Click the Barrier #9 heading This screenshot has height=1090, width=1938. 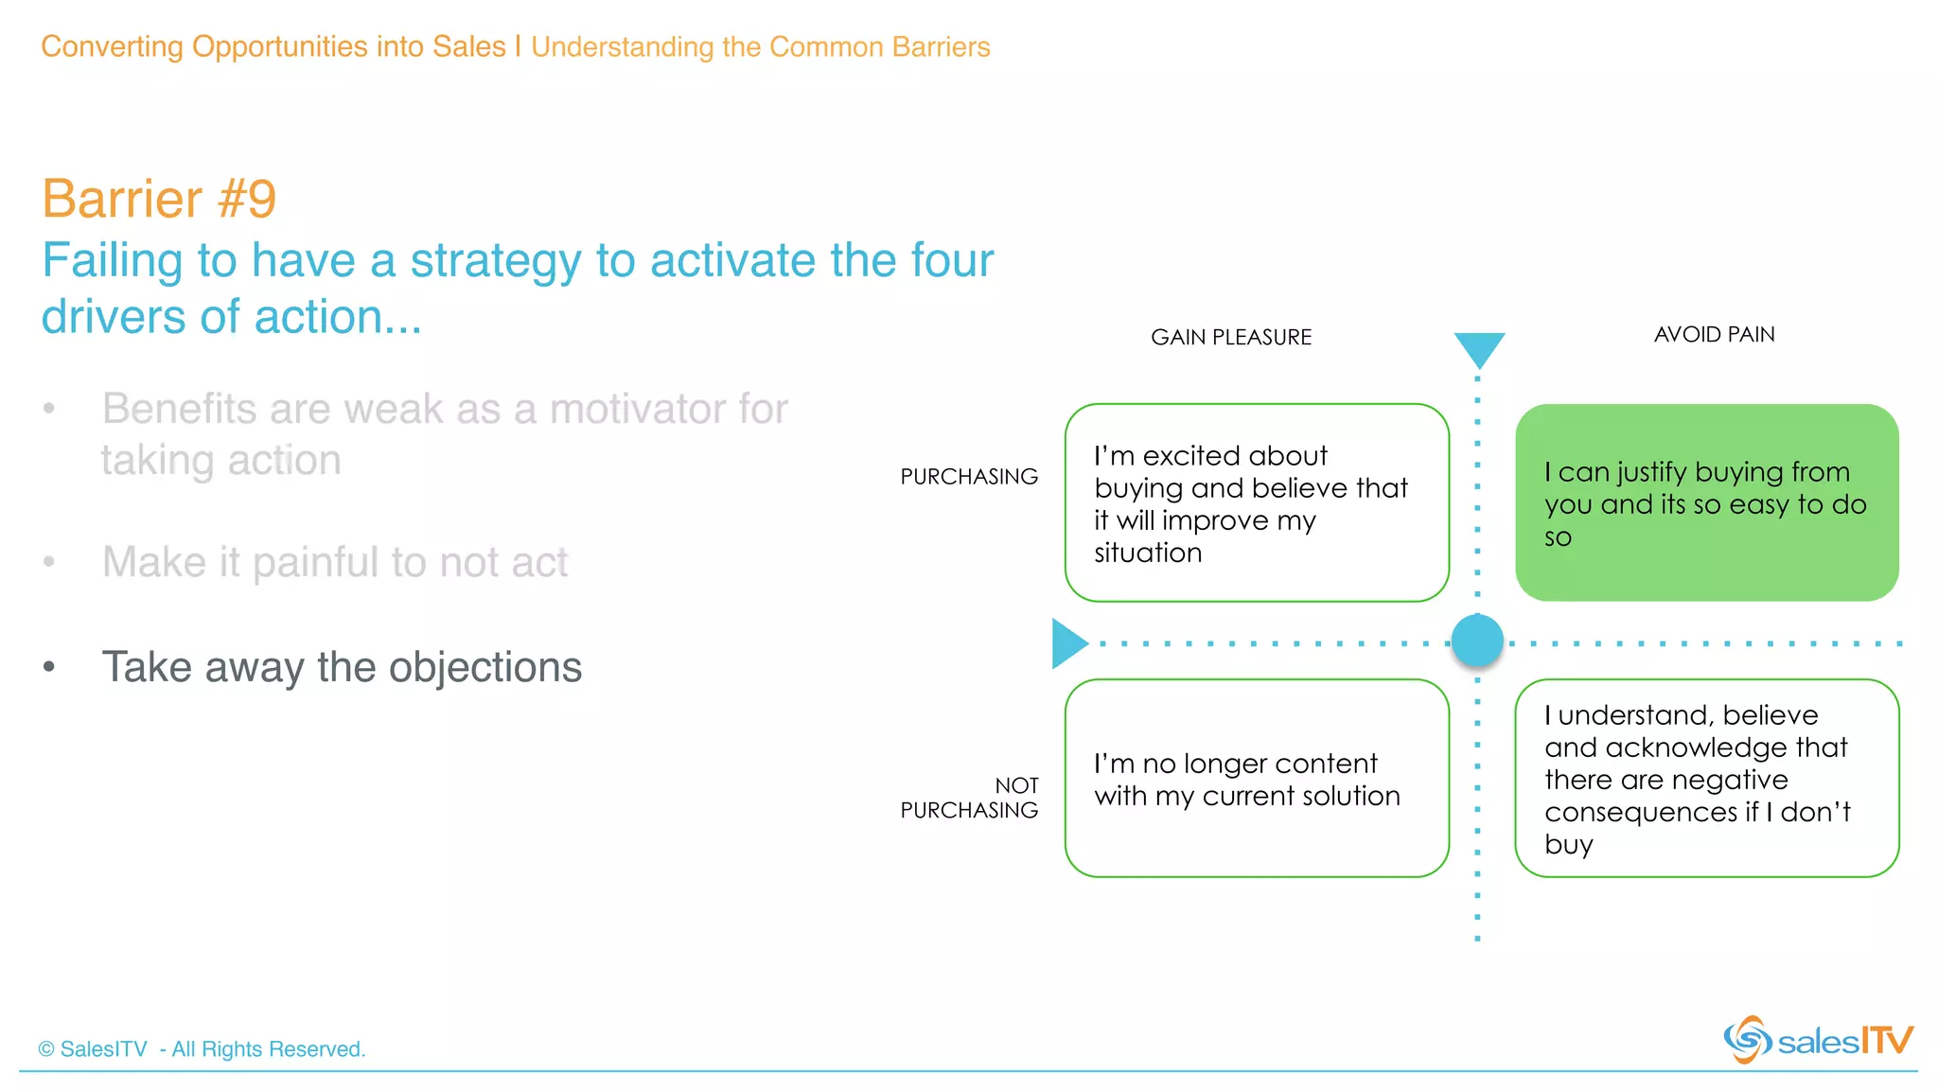pyautogui.click(x=159, y=199)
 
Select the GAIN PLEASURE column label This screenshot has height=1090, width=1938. pyautogui.click(x=1230, y=337)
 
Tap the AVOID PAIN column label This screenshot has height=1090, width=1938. pyautogui.click(x=1714, y=334)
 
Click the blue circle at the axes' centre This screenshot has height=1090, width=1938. pyautogui.click(x=1477, y=641)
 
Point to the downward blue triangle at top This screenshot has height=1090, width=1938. pyautogui.click(x=1479, y=347)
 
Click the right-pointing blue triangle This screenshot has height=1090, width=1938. pyautogui.click(x=1068, y=643)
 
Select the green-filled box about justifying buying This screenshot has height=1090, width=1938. pyautogui.click(x=1706, y=502)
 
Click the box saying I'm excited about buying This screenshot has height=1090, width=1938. pyautogui.click(x=1257, y=502)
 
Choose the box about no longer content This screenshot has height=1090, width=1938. pyautogui.click(x=1257, y=778)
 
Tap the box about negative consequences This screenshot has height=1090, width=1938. pyautogui.click(x=1706, y=778)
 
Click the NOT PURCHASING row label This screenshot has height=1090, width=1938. pyautogui.click(x=969, y=798)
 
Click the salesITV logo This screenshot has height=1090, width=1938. pyautogui.click(x=1817, y=1040)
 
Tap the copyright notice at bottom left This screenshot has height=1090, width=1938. pyautogui.click(x=202, y=1048)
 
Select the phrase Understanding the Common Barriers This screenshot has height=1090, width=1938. pyautogui.click(x=760, y=46)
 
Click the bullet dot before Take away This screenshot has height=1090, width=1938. pyautogui.click(x=49, y=667)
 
